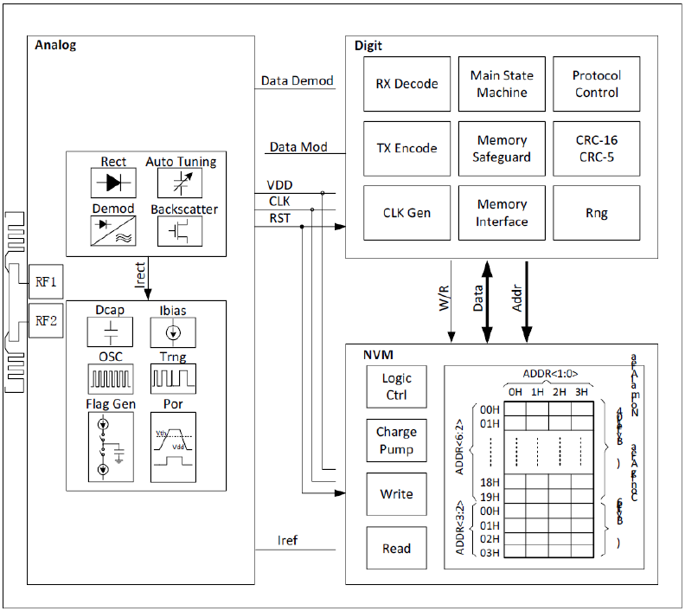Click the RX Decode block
pos(407,84)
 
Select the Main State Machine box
pos(502,84)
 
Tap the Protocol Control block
pos(595,84)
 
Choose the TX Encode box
pos(407,148)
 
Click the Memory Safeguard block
pos(502,148)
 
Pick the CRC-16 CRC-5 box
pos(595,148)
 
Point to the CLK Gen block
pos(407,212)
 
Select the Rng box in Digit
pos(595,212)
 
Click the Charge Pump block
pos(396,441)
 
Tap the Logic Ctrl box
pos(396,387)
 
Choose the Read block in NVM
pos(396,548)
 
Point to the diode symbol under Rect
pos(113,183)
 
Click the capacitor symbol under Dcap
pos(111,331)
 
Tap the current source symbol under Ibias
pos(173,331)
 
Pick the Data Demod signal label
pos(297,80)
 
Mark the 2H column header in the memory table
pos(560,392)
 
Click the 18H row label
pos(490,482)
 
